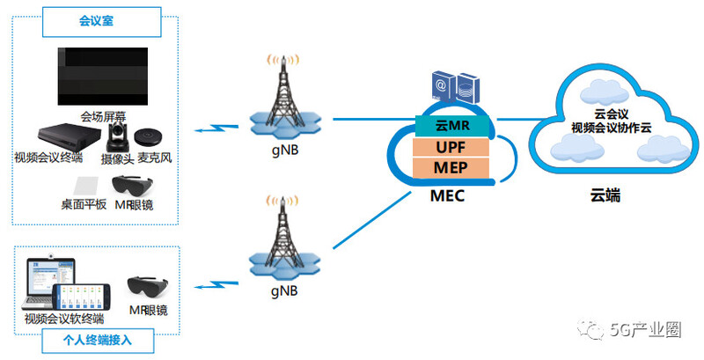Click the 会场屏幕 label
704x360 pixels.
pos(104,116)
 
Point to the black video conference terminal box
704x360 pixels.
pos(63,137)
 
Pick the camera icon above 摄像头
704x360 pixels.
pos(118,136)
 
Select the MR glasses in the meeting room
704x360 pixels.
pos(134,187)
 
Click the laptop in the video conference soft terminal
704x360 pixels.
pos(46,283)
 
